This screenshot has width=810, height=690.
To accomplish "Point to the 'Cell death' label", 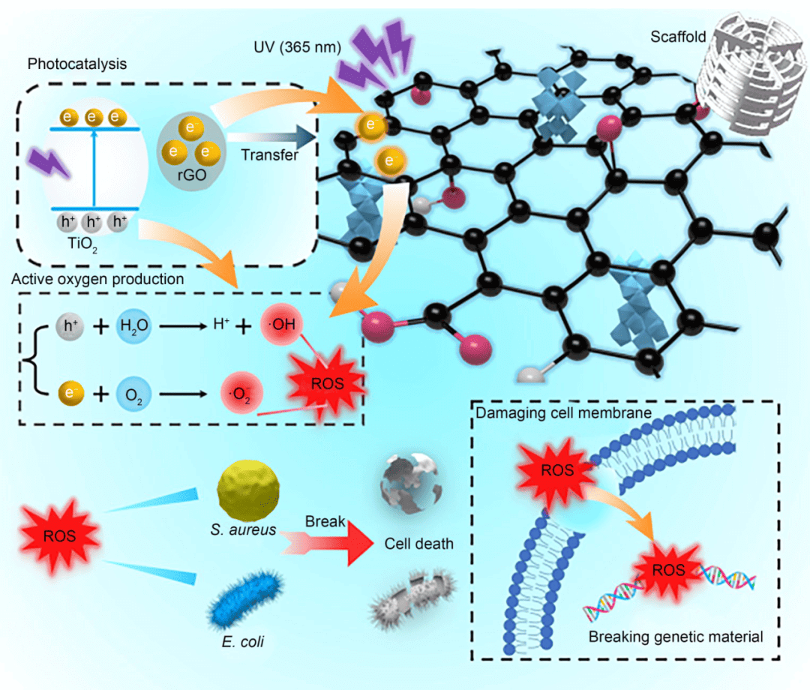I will click(419, 544).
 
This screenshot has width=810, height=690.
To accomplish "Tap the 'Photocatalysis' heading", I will click(77, 64).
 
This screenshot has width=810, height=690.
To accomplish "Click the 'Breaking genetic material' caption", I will click(676, 637).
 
